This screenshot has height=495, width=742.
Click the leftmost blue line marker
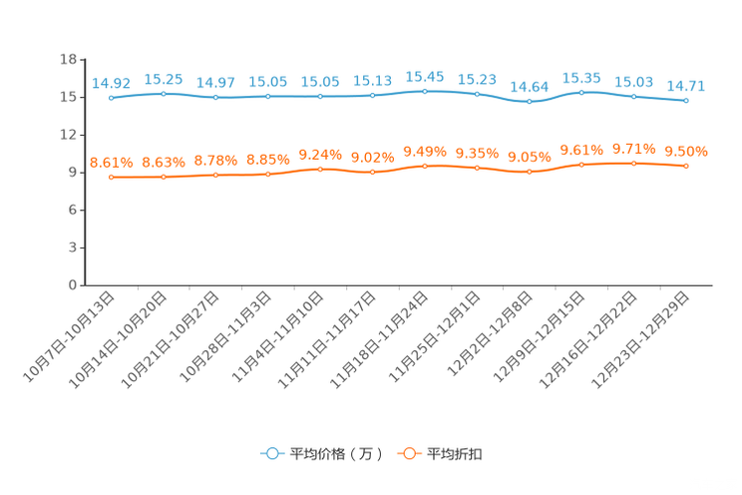click(111, 98)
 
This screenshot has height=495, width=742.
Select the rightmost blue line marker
click(686, 100)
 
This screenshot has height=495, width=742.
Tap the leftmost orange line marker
click(111, 178)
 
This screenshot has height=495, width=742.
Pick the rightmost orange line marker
click(686, 167)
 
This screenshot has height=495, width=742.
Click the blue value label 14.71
click(686, 86)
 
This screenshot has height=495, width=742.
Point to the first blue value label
click(111, 84)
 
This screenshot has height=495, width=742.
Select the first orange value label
click(111, 163)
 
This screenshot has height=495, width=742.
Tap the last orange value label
click(686, 152)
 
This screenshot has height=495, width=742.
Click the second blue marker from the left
click(164, 94)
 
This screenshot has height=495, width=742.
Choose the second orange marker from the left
click(164, 178)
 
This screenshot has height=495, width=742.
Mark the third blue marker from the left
click(215, 98)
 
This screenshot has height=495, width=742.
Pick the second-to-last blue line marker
click(633, 97)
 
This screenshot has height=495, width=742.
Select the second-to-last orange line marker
click(633, 163)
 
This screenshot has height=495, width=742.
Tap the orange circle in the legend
click(409, 453)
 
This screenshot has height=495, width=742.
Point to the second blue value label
click(164, 80)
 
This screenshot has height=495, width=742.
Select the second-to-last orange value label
click(633, 149)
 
